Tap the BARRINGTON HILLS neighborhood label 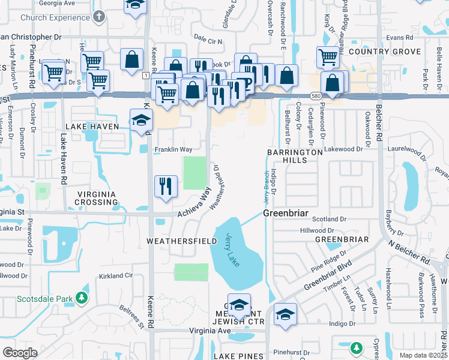tap(295, 157)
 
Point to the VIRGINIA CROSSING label tap(97, 198)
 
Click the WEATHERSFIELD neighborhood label tap(182, 241)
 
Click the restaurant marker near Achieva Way tap(165, 186)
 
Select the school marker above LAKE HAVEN tap(141, 119)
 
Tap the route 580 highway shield tap(316, 95)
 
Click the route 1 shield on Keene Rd tap(146, 74)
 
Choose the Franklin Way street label tap(173, 149)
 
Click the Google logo tap(20, 353)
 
